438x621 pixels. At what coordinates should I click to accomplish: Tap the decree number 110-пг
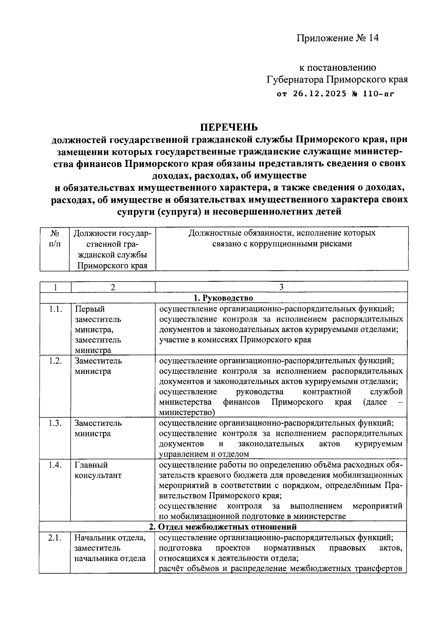[378, 94]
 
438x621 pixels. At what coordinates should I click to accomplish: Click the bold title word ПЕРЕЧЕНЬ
[228, 127]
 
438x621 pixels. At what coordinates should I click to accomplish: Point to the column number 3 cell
[281, 287]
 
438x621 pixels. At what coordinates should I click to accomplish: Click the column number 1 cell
[55, 287]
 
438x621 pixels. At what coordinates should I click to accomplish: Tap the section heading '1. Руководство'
[223, 298]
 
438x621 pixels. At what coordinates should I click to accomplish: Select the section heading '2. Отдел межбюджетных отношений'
[223, 526]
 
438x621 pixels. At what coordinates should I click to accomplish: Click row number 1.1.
[55, 309]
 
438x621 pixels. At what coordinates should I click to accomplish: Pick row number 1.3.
[55, 423]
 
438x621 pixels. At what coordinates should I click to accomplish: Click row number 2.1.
[55, 538]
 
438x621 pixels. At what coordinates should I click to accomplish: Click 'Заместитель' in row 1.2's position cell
[98, 361]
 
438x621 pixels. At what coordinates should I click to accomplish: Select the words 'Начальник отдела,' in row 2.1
[110, 538]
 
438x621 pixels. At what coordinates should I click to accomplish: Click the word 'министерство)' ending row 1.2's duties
[187, 412]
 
